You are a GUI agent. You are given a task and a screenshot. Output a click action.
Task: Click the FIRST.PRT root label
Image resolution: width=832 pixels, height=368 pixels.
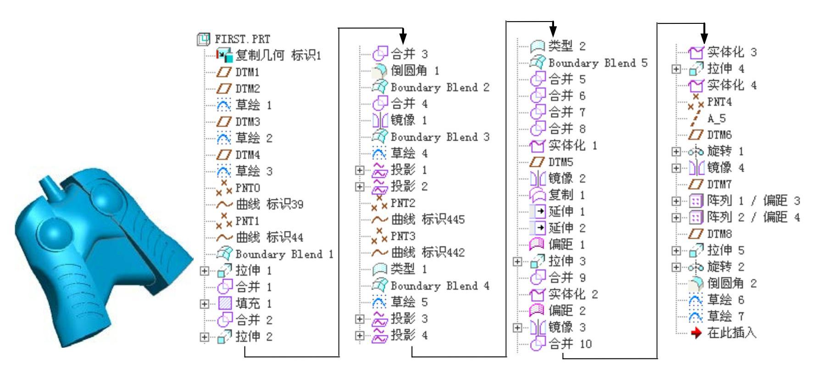coord(242,39)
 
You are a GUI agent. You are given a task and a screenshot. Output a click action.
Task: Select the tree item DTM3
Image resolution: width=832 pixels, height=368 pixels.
coord(248,122)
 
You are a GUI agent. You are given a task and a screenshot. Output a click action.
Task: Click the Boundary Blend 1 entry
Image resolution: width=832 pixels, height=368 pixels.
coord(284,254)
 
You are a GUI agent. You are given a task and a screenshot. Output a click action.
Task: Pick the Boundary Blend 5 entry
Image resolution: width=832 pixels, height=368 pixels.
coord(598,63)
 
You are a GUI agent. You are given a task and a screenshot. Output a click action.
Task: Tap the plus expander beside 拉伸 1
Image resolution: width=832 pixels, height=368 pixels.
coord(204,271)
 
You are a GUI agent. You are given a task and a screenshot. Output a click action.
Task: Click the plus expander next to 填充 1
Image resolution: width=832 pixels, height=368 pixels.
coord(204,304)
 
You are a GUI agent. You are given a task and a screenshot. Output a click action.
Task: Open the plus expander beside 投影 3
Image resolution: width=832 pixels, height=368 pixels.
coord(360,319)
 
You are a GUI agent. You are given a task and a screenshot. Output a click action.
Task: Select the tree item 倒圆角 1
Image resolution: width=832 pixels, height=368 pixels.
coord(415,71)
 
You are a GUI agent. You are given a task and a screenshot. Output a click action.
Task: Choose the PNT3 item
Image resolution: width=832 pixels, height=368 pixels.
coord(403,236)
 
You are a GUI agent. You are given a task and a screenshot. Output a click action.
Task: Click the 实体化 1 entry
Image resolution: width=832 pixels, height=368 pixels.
coord(573,146)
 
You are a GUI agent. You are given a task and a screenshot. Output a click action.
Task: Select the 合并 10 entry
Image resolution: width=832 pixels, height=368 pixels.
coord(570,344)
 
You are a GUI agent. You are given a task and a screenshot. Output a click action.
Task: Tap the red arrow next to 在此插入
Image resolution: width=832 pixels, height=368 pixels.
coord(696,333)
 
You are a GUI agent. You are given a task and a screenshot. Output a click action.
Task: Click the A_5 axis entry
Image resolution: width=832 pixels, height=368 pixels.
coord(716,119)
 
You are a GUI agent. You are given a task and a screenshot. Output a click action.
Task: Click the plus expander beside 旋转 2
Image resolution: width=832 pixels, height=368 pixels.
coord(676,267)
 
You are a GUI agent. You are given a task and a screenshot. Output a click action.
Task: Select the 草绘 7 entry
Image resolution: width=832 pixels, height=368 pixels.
coord(725,317)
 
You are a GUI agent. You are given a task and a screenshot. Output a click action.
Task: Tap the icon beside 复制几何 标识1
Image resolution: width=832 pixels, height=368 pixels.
coord(225,56)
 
